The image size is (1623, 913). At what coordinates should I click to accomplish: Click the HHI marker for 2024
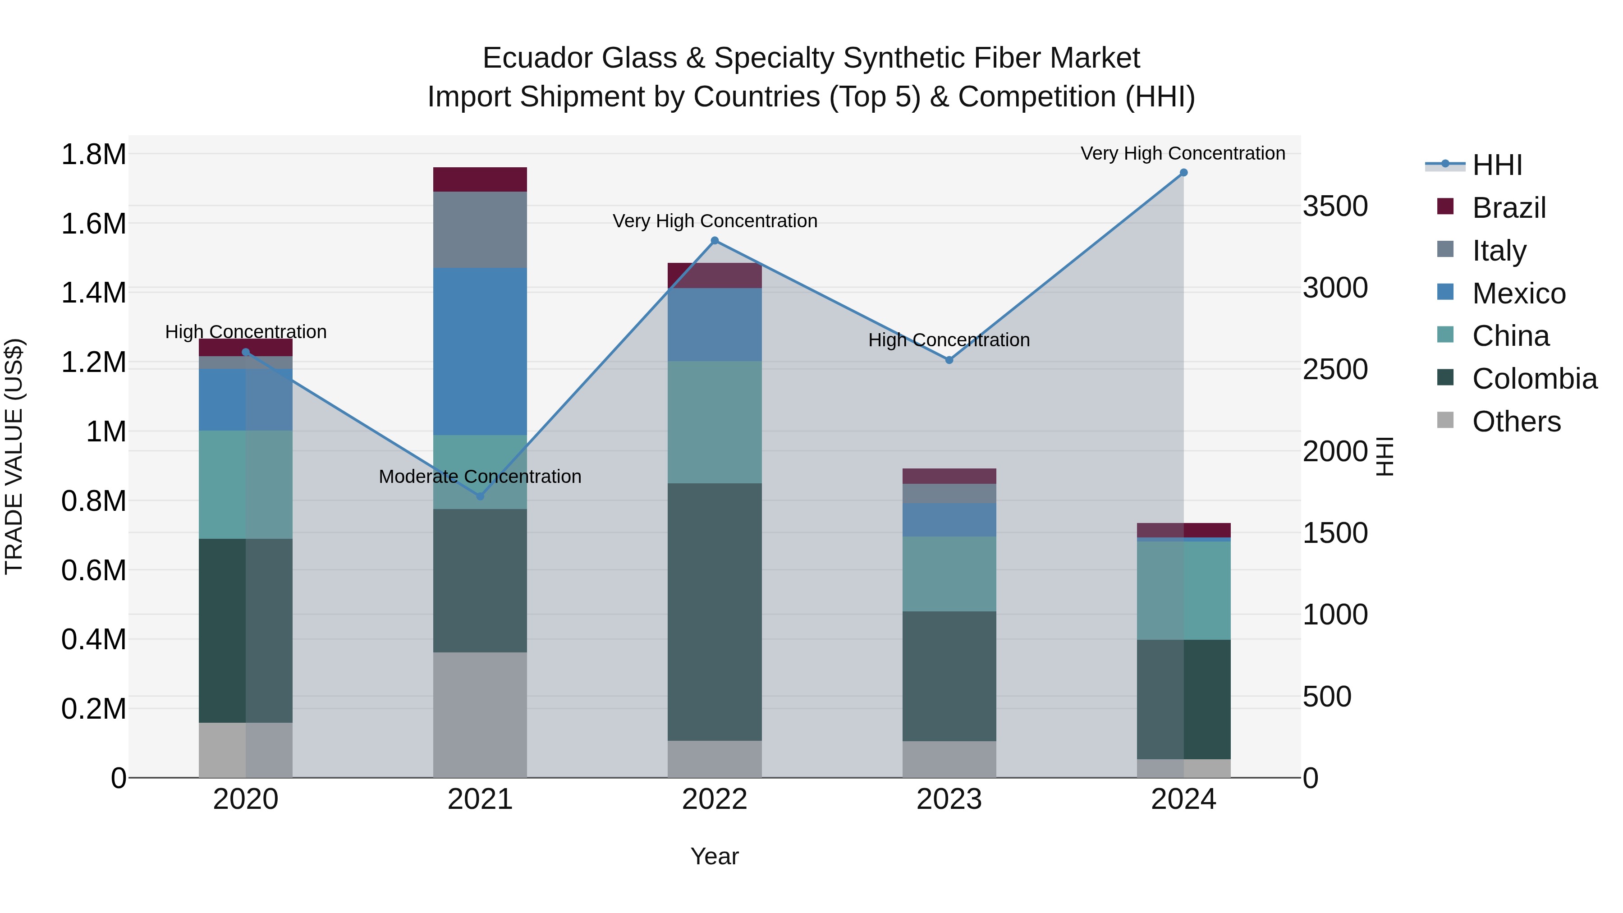pyautogui.click(x=1183, y=173)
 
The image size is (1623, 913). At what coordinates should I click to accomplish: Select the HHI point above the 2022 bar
pyautogui.click(x=715, y=241)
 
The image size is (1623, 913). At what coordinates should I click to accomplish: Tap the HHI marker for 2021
pyautogui.click(x=480, y=496)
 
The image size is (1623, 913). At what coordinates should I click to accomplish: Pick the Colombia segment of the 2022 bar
pyautogui.click(x=715, y=611)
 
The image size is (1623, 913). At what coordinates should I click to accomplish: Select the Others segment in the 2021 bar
pyautogui.click(x=480, y=715)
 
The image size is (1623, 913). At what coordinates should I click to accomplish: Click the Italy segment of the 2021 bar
pyautogui.click(x=480, y=229)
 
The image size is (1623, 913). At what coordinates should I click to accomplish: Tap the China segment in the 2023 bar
pyautogui.click(x=949, y=573)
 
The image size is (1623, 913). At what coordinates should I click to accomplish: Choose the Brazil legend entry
pyautogui.click(x=1508, y=208)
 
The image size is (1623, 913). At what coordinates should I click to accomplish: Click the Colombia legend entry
pyautogui.click(x=1534, y=379)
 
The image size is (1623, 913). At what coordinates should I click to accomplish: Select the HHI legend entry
pyautogui.click(x=1496, y=165)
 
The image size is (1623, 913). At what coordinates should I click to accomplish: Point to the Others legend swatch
pyautogui.click(x=1445, y=420)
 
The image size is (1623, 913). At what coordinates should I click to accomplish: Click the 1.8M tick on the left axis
pyautogui.click(x=93, y=154)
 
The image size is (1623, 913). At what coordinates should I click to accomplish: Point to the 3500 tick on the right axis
pyautogui.click(x=1335, y=206)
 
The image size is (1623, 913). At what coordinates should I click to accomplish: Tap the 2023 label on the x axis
pyautogui.click(x=949, y=799)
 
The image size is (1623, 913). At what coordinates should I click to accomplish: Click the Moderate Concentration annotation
pyautogui.click(x=480, y=477)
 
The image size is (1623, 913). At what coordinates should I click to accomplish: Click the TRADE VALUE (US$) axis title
pyautogui.click(x=14, y=456)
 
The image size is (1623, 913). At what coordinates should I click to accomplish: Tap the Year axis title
pyautogui.click(x=715, y=856)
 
